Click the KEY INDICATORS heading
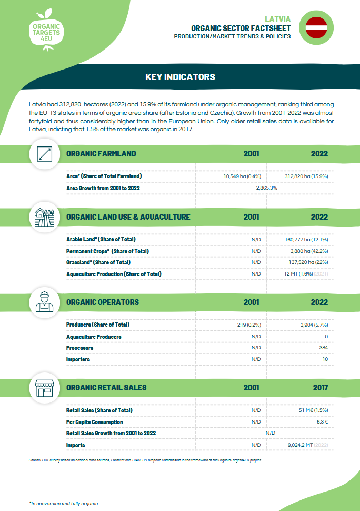[x=180, y=77]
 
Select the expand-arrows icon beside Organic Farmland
[x=44, y=154]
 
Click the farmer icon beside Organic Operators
[x=44, y=302]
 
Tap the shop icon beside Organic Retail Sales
[x=44, y=388]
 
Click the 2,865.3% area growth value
[x=266, y=188]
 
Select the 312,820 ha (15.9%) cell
[x=306, y=176]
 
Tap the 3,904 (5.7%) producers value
[x=314, y=325]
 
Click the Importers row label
[x=78, y=359]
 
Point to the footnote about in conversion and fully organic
[x=63, y=504]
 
